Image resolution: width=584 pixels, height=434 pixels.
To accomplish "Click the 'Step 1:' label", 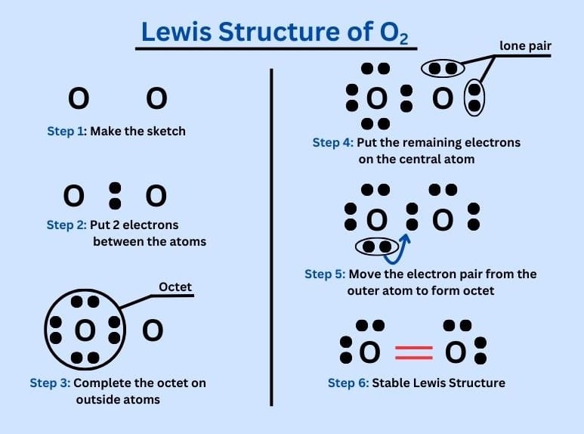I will pyautogui.click(x=66, y=131).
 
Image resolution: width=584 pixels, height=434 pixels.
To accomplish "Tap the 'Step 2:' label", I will pyautogui.click(x=66, y=225).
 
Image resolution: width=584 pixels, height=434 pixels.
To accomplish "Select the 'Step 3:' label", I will pyautogui.click(x=50, y=383).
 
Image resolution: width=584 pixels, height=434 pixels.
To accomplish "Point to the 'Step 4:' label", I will pyautogui.click(x=332, y=142).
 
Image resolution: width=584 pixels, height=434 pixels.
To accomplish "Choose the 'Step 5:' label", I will pyautogui.click(x=325, y=274).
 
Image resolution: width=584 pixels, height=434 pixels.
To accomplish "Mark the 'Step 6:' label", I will pyautogui.click(x=348, y=383).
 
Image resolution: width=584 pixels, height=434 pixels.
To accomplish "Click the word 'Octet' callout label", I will pyautogui.click(x=175, y=287).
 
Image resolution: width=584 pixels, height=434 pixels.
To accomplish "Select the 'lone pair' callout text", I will pyautogui.click(x=526, y=46).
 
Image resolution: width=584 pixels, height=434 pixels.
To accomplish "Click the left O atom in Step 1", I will pyautogui.click(x=79, y=98).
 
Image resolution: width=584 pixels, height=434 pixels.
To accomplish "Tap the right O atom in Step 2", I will pyautogui.click(x=156, y=196).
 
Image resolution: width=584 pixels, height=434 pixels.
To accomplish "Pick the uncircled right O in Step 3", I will pyautogui.click(x=153, y=330).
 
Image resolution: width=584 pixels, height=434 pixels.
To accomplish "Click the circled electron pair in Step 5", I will pyautogui.click(x=377, y=246).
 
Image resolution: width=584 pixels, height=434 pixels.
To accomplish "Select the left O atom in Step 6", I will pyautogui.click(x=370, y=352).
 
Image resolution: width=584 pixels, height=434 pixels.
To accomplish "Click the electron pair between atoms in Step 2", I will pyautogui.click(x=115, y=195).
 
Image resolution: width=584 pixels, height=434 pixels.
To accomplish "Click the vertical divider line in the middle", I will pyautogui.click(x=271, y=234).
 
